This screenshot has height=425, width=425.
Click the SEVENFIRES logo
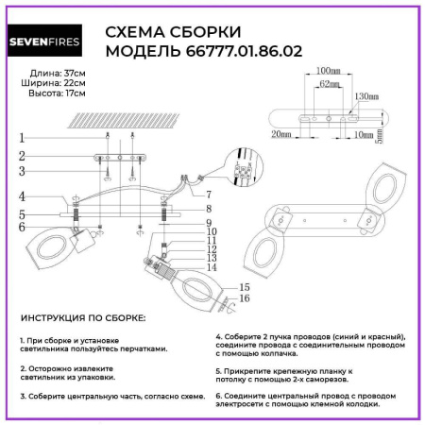coord(50,41)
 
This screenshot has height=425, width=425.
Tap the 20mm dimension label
coord(279,135)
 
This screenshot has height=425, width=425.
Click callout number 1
coord(20,138)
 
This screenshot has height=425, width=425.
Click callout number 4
coord(20,196)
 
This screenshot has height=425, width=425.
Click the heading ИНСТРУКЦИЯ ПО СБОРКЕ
coord(82,320)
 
